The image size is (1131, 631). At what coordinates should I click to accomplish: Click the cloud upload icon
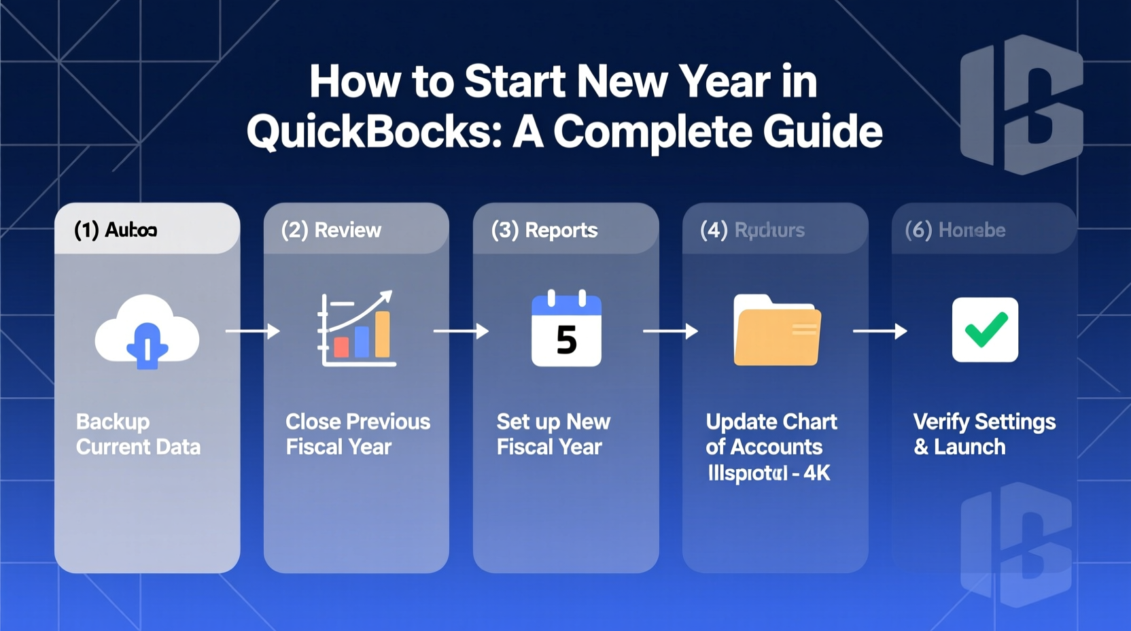click(147, 332)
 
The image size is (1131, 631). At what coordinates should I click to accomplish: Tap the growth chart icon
click(357, 330)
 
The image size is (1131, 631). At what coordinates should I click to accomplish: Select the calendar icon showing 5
click(566, 330)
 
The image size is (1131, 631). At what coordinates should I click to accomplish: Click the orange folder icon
click(777, 330)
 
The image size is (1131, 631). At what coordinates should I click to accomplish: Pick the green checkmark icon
click(985, 330)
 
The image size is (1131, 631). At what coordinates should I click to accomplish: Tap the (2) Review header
click(331, 230)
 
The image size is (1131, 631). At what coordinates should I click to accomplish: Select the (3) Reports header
click(544, 230)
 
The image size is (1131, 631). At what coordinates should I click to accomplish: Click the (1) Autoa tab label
click(116, 230)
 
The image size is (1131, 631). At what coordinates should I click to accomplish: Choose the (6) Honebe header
click(955, 230)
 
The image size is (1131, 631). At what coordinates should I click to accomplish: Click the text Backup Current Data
click(138, 434)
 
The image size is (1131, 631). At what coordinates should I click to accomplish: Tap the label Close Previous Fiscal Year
click(358, 434)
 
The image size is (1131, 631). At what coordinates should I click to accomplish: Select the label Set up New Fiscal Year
click(553, 434)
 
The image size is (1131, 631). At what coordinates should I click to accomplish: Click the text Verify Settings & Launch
click(984, 434)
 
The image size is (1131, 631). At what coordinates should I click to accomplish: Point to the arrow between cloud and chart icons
click(252, 331)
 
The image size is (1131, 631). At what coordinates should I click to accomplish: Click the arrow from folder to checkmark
click(880, 331)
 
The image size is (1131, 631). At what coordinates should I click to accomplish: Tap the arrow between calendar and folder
click(670, 331)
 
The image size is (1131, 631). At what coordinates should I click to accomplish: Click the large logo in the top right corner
click(1022, 104)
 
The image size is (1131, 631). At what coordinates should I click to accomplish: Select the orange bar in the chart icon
click(383, 335)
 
